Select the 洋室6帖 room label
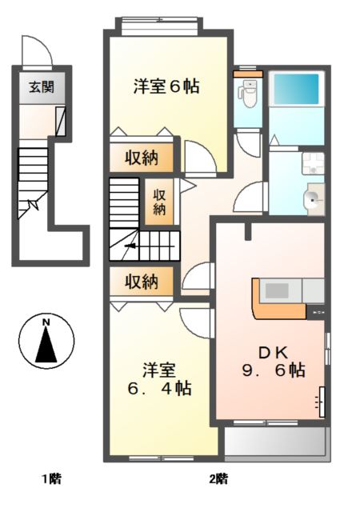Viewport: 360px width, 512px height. (166, 86)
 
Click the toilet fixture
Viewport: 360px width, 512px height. (249, 94)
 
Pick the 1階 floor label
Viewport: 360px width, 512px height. (52, 479)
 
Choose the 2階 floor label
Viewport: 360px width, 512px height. (218, 479)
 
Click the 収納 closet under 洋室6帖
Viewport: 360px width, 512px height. (141, 157)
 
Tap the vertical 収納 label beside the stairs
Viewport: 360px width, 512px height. (160, 202)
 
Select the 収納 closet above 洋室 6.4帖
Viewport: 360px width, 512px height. (141, 281)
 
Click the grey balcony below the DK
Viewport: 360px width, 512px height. (276, 441)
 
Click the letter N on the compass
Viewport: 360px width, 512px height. (46, 322)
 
